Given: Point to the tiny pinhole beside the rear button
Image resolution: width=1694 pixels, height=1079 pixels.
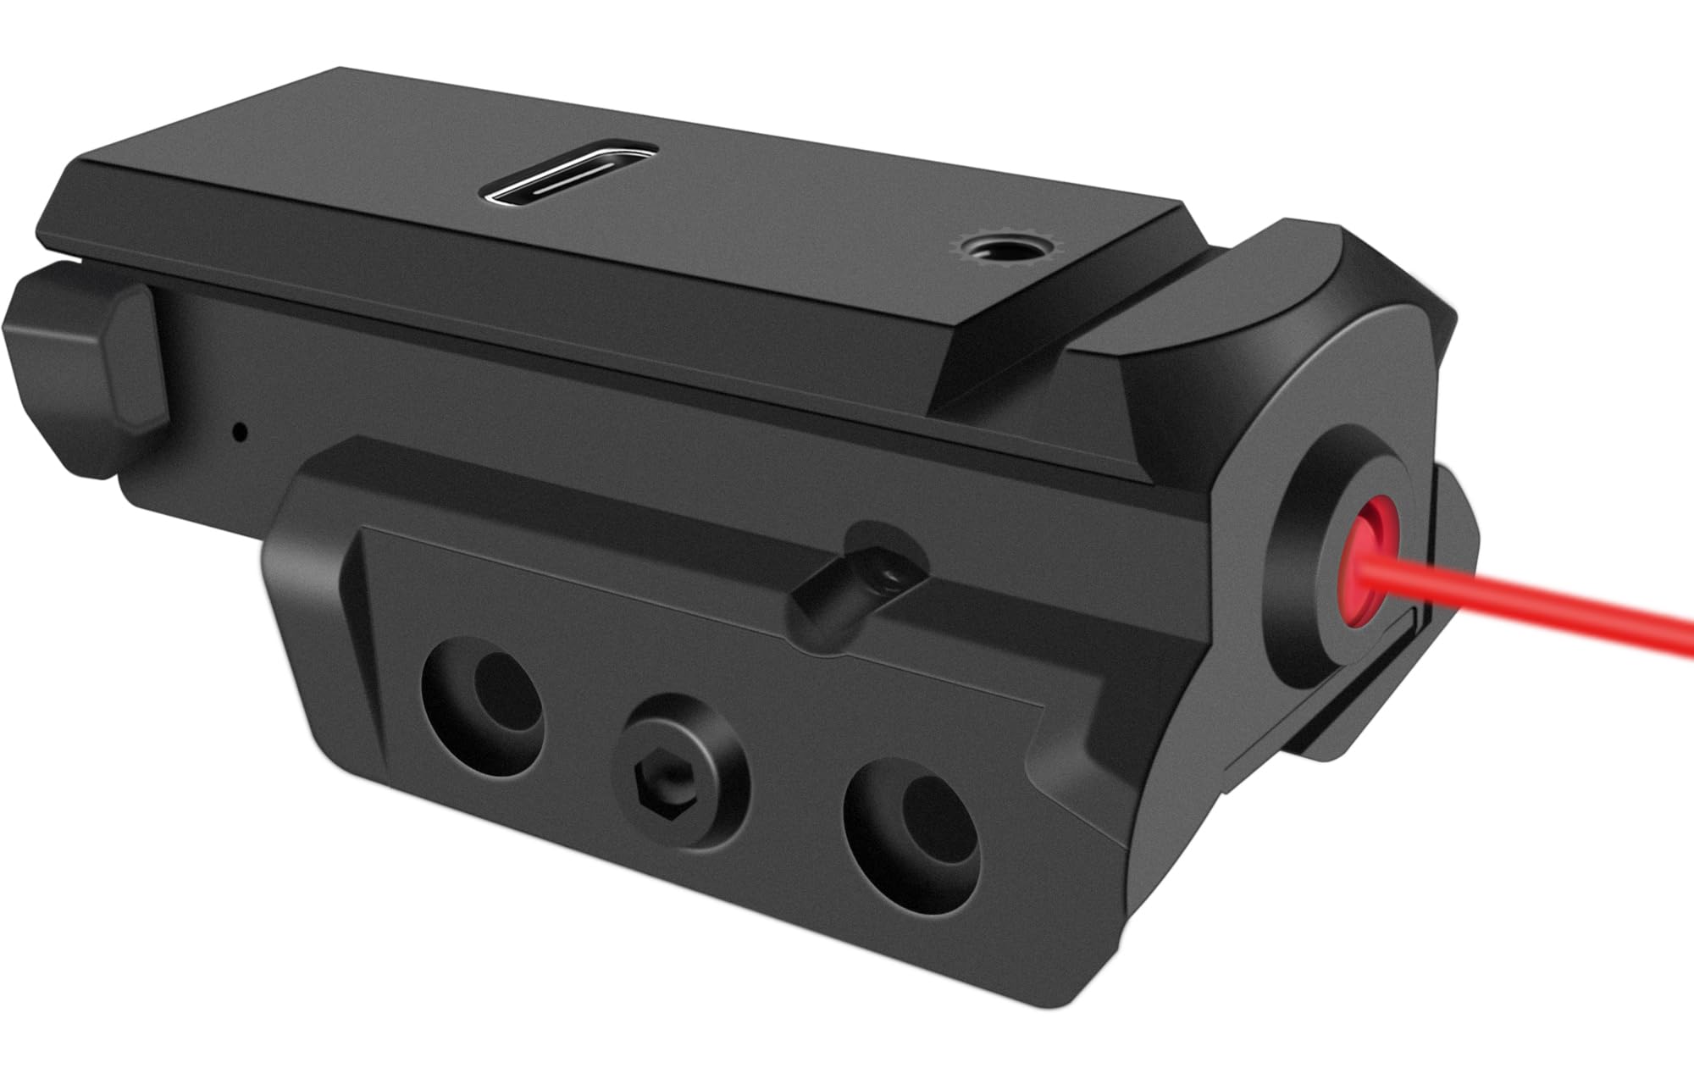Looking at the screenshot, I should coord(241,431).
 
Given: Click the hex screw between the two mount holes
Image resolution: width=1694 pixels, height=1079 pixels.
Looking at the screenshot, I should coord(683,753).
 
